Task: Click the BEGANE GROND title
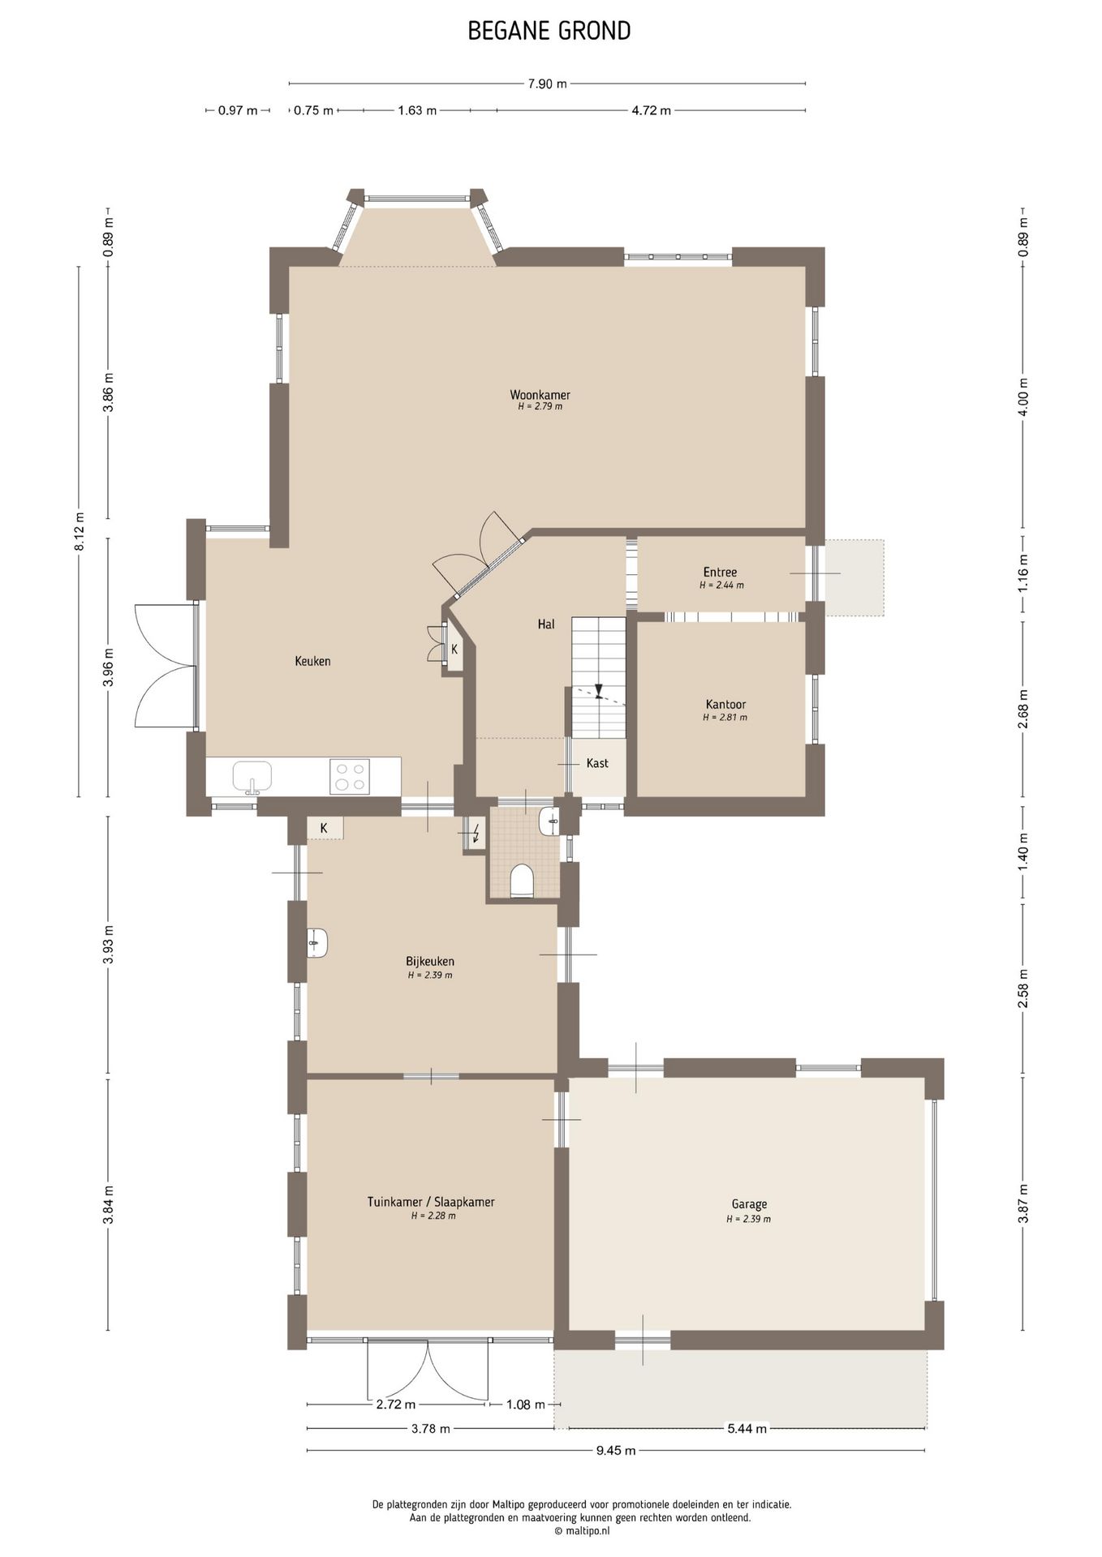coord(549,31)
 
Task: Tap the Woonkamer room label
coord(540,395)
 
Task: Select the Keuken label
coord(312,661)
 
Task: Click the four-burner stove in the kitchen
coord(350,776)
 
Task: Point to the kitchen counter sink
coord(252,777)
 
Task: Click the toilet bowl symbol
coord(522,881)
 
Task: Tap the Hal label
coord(546,624)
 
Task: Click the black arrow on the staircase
coord(599,691)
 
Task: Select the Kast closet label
coord(597,763)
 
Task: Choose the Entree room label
coord(720,572)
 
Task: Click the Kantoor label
coord(725,705)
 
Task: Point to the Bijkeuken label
coord(430,962)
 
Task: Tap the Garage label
coord(749,1204)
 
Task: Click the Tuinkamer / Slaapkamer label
coord(431,1202)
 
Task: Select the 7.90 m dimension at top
coord(547,84)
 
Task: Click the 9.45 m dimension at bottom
coord(616,1450)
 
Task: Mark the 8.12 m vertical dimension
coord(80,532)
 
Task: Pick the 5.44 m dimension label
coord(747,1428)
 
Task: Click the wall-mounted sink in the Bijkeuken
coord(317,943)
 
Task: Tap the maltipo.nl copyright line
coord(582,1531)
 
